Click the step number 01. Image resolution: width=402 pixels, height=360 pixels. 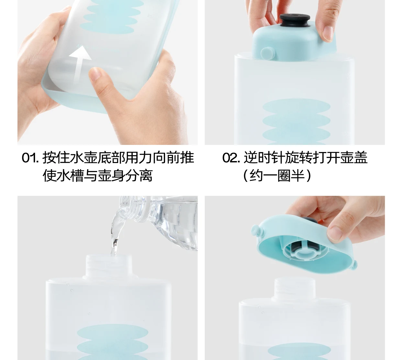pos(30,158)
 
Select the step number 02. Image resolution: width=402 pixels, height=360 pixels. pos(231,158)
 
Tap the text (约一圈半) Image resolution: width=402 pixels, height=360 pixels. pos(277,176)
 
